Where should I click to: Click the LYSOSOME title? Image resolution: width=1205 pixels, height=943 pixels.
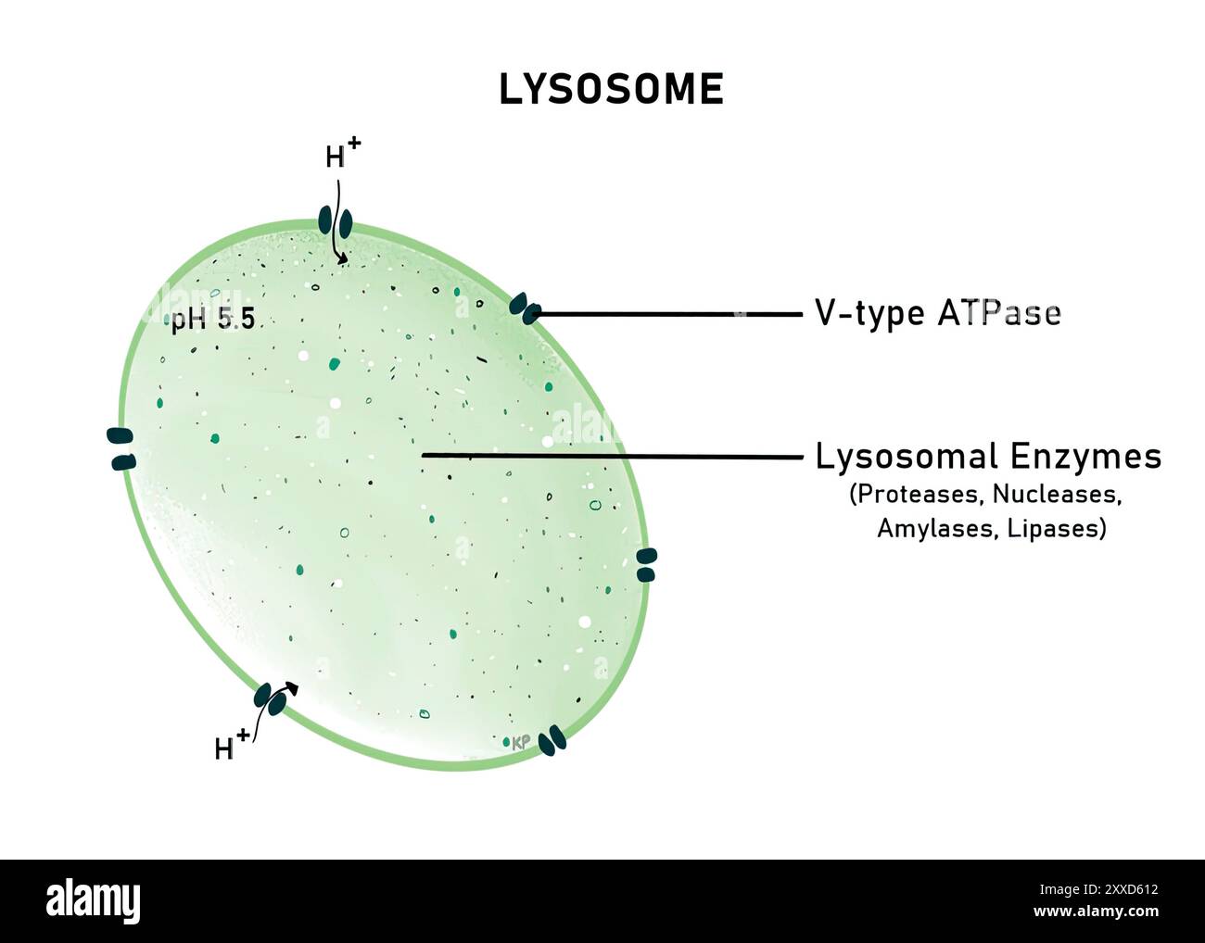[611, 90]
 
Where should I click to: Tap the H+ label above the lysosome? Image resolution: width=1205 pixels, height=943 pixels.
[342, 155]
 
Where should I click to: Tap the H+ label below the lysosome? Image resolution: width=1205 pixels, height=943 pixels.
[231, 745]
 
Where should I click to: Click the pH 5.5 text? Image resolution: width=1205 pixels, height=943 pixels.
[212, 321]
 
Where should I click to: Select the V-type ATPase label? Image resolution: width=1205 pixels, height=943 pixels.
[937, 314]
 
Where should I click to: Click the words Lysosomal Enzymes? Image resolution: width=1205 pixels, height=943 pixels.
[988, 457]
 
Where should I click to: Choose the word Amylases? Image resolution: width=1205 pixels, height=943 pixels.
[937, 529]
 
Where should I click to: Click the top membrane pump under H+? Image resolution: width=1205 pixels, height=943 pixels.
[336, 221]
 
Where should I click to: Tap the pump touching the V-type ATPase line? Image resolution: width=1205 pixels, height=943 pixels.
[525, 309]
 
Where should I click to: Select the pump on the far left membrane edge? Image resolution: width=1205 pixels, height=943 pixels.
[120, 448]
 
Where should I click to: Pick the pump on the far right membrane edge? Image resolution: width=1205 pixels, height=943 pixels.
[646, 565]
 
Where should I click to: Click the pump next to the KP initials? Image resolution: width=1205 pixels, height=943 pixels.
[552, 740]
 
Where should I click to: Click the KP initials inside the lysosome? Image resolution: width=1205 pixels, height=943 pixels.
[520, 742]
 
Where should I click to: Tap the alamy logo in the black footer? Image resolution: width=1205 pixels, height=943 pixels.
[93, 901]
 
